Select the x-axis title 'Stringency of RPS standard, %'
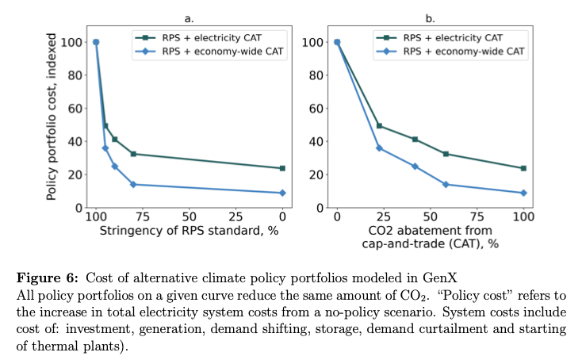[x=189, y=231]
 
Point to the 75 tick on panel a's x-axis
[x=143, y=216]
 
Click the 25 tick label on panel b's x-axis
[x=384, y=216]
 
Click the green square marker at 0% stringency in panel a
[x=282, y=168]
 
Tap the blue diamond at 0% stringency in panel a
[x=282, y=193]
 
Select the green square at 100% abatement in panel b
[x=523, y=168]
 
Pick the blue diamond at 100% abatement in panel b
[x=523, y=193]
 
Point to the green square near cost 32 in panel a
[x=133, y=154]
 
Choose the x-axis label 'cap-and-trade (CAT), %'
[x=430, y=243]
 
